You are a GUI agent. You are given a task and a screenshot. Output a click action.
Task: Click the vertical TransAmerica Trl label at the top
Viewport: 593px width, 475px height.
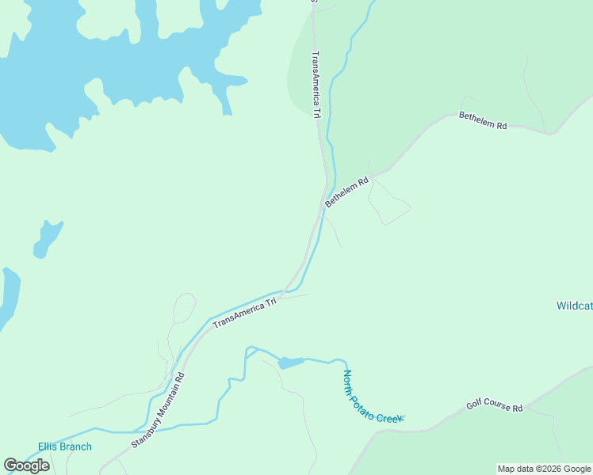[x=316, y=85]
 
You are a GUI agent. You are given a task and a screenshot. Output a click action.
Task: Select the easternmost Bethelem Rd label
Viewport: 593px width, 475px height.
[x=482, y=121]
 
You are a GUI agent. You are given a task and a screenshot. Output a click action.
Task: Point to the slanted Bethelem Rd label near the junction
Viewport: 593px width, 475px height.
[x=347, y=192]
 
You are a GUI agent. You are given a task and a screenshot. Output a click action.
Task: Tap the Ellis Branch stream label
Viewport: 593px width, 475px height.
[x=65, y=446]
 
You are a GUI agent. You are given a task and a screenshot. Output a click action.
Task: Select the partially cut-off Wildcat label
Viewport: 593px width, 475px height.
[x=574, y=306]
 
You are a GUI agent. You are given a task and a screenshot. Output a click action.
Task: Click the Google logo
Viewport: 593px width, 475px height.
[x=26, y=465]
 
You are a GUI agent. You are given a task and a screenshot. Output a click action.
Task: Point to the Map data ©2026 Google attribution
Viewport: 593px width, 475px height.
[x=544, y=469]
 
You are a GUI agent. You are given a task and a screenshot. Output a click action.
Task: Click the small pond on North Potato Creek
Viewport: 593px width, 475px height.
[x=290, y=363]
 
